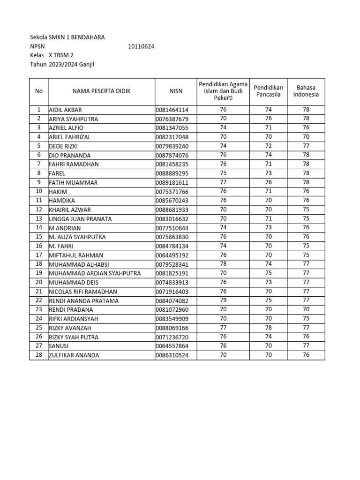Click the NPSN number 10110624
pos(141,46)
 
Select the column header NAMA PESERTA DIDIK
pos(101,91)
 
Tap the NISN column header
pos(175,91)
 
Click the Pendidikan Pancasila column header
pos(269,91)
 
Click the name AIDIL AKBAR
pos(66,110)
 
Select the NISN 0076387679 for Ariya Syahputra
pos(172,119)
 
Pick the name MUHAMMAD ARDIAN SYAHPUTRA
pos(95,273)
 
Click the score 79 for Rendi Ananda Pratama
pos(223,300)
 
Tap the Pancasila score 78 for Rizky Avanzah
pos(269,328)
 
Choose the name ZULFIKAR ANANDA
pos(74,355)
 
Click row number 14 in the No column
pos(39,228)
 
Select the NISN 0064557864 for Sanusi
pos(172,346)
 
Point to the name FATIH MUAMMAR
pos(73,183)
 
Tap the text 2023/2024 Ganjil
pos(71,64)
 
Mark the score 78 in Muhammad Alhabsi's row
pos(223,264)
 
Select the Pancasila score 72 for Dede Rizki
pos(269,146)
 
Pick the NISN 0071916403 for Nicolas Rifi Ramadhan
pos(172,292)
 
